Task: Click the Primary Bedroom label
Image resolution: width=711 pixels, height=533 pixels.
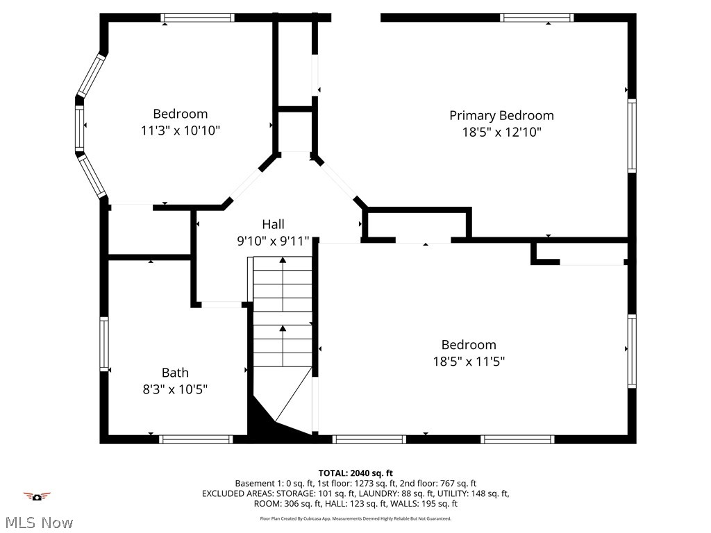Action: tap(501, 115)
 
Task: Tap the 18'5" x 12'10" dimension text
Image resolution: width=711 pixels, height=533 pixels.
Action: tap(501, 133)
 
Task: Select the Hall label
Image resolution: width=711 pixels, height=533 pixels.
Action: tap(273, 224)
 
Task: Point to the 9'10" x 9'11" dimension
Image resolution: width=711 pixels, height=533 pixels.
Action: tap(273, 242)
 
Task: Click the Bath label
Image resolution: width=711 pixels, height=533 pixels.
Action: tap(175, 373)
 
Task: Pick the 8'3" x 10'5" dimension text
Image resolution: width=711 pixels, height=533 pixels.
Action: tap(175, 389)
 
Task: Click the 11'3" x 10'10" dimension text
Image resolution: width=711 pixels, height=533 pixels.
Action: tap(181, 130)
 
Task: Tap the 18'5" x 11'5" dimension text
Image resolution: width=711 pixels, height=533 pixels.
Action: tap(469, 362)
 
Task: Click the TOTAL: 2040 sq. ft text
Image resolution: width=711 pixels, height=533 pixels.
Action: tap(355, 473)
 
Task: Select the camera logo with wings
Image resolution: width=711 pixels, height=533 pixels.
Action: tap(37, 496)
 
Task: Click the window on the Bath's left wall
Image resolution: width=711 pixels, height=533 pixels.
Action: tap(104, 344)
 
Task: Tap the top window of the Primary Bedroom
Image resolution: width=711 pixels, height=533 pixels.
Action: tap(537, 18)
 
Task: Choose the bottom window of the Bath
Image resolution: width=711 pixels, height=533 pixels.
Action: tap(196, 439)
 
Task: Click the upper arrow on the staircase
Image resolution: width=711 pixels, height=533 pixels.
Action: tap(283, 261)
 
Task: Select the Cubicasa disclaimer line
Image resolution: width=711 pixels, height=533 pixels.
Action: tap(355, 518)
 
